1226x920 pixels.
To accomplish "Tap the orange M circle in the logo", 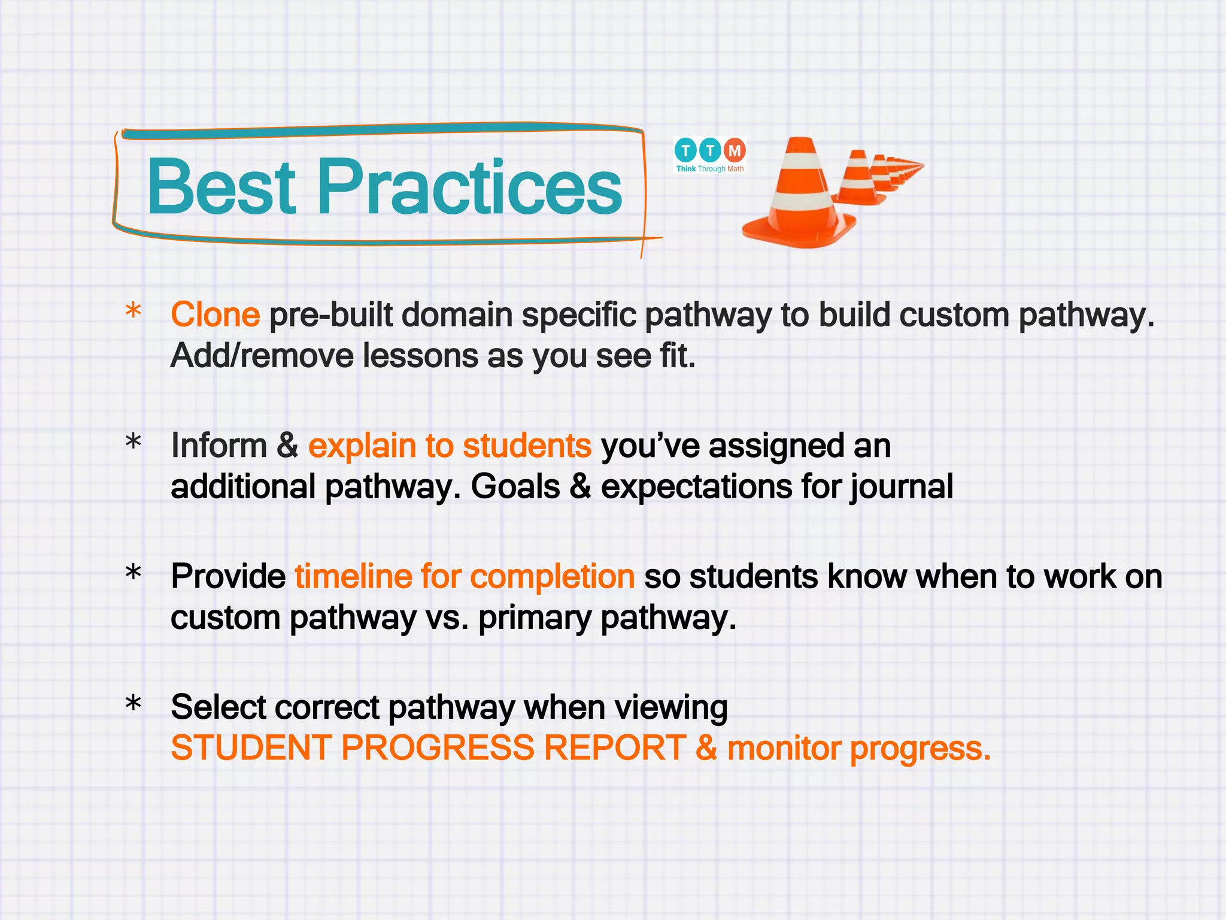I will pos(735,150).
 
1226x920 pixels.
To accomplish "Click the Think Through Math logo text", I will pos(710,169).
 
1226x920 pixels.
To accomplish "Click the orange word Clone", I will pos(215,315).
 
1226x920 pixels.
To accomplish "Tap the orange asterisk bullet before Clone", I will pos(133,312).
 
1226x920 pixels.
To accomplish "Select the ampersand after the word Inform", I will pos(287,446).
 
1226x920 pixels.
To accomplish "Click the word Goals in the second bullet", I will pos(515,487).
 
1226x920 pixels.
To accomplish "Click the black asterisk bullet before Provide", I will pos(133,573).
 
